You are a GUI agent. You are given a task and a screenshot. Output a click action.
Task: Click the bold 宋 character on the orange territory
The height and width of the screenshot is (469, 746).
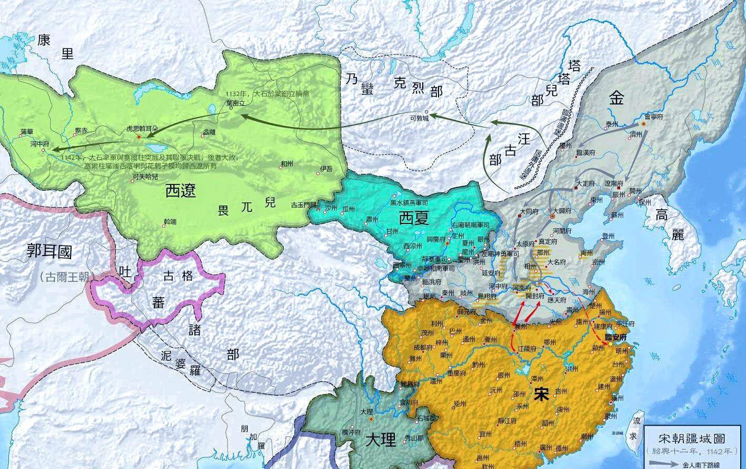540,394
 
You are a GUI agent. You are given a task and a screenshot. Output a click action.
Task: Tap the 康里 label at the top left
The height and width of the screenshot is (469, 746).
56,46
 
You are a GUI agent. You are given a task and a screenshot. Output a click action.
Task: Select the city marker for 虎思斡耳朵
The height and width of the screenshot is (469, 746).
139,136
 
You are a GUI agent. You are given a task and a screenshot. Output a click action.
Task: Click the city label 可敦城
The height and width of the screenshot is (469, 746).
419,119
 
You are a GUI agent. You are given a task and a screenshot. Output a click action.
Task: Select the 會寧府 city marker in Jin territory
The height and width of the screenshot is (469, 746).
644,124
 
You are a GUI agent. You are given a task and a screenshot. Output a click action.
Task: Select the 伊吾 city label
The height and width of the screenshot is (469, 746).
326,169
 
